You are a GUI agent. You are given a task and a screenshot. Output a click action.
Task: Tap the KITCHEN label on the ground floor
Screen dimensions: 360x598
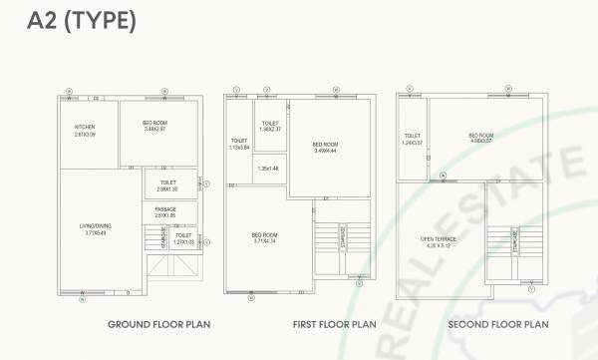tap(85, 128)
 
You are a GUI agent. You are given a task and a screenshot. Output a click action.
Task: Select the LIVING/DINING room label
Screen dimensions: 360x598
tap(96, 226)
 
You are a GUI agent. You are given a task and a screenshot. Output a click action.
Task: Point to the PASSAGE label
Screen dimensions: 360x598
tap(164, 209)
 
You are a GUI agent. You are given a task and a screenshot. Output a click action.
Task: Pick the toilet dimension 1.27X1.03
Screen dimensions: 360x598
tap(183, 241)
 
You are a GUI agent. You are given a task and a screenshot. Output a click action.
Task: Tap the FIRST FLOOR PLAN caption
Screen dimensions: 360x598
tap(334, 324)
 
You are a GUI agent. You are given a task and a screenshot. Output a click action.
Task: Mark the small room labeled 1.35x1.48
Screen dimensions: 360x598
tap(269, 168)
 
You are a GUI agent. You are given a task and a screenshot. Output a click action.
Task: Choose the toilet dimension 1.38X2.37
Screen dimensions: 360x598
tap(271, 129)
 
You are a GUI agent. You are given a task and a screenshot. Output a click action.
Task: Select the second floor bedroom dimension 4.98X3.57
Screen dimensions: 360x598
tap(481, 141)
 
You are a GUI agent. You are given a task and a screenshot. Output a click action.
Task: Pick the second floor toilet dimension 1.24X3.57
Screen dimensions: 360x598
tap(414, 142)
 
